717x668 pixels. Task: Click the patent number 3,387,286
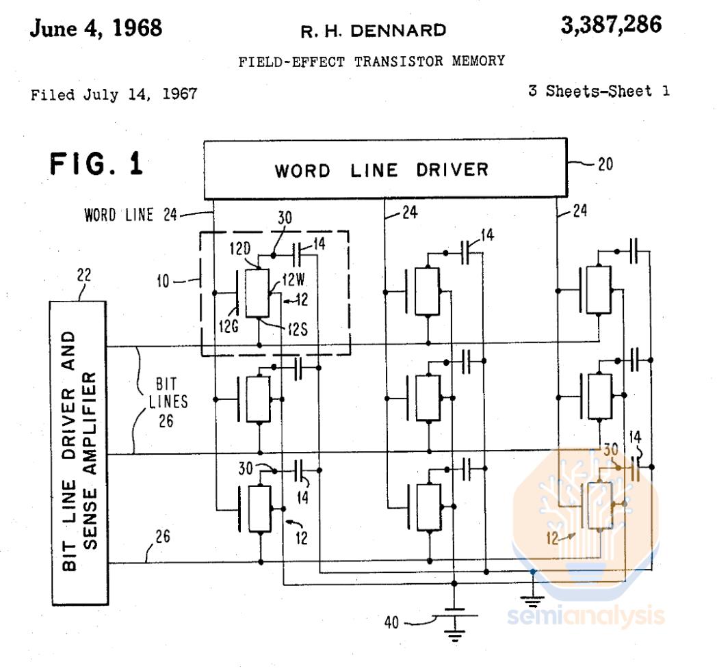point(611,25)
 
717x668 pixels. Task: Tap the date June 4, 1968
point(96,28)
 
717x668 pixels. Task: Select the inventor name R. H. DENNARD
point(373,31)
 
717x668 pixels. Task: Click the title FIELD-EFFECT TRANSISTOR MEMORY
point(371,62)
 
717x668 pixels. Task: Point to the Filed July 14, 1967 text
point(114,94)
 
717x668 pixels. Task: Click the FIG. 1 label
point(96,164)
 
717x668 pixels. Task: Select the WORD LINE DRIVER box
point(385,169)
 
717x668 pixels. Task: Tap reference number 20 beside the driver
point(605,164)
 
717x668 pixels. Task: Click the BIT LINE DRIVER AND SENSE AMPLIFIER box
point(79,453)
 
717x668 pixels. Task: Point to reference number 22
point(84,275)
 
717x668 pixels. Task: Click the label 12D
point(240,249)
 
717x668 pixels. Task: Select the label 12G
point(229,327)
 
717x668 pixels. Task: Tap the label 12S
point(298,329)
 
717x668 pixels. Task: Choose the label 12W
point(294,279)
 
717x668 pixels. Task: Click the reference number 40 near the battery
point(391,622)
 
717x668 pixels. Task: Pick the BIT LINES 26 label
point(168,402)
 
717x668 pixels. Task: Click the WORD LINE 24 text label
point(130,215)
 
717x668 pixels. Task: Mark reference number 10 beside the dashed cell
point(164,281)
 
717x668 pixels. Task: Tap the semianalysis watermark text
point(586,616)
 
